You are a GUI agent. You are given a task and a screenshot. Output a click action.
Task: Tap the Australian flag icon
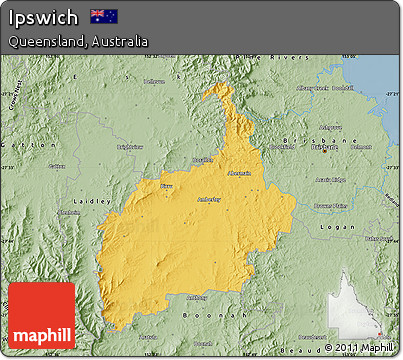point(103,16)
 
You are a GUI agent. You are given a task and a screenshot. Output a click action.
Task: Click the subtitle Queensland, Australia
point(77,42)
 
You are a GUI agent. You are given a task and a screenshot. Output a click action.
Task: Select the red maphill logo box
point(41,315)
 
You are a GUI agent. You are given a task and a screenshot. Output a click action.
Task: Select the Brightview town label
point(130,146)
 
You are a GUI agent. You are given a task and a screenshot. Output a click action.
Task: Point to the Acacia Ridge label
point(329,180)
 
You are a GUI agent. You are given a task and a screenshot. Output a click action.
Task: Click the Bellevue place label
point(153,82)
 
